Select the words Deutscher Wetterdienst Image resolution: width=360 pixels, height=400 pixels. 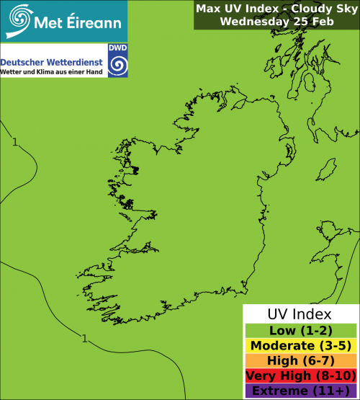pos(52,62)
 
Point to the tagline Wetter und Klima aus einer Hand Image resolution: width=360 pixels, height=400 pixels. pos(52,73)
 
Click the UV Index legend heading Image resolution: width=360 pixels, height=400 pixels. pos(299,314)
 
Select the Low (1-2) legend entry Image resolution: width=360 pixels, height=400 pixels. pos(299,331)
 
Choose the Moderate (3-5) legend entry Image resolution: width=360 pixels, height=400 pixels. pos(299,346)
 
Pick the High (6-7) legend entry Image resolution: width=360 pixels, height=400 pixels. pos(299,361)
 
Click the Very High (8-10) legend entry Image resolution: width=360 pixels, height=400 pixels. pos(299,376)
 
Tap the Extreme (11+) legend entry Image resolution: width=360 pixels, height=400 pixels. pos(299,391)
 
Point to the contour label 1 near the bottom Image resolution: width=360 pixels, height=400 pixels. pos(85,339)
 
